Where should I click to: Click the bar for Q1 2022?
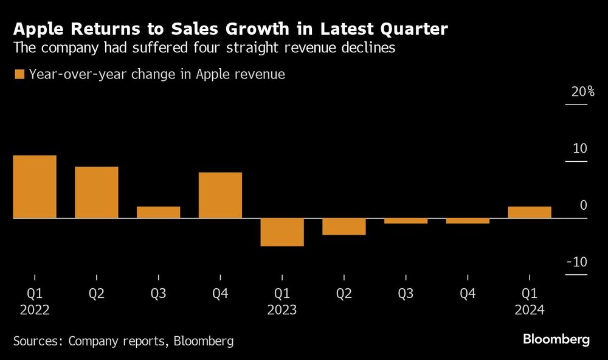[35, 187]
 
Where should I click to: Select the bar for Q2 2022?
[97, 192]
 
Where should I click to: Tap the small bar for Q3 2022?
[158, 212]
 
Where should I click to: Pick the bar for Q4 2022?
[220, 195]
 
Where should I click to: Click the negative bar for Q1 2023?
[282, 232]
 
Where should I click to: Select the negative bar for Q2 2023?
[344, 226]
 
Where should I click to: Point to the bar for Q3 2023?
[406, 221]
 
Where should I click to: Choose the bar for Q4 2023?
[468, 221]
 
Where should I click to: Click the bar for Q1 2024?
[530, 212]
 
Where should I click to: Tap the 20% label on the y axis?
[582, 92]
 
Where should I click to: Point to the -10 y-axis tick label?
[578, 262]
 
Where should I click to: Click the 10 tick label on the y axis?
[580, 149]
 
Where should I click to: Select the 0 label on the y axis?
[584, 206]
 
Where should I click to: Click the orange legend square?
[19, 74]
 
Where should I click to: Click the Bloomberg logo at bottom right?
[556, 339]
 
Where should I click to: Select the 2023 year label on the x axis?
[282, 310]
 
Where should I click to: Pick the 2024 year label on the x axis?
[530, 310]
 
